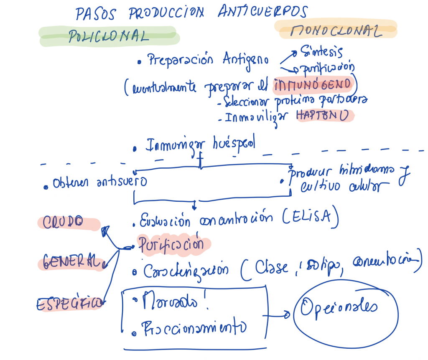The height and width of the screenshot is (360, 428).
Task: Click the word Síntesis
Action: [x=324, y=52]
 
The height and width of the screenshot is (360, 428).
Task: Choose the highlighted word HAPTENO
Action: [x=322, y=116]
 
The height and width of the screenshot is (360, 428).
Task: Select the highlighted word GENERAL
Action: [x=69, y=262]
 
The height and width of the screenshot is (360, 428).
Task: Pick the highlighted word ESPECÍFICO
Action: [x=69, y=304]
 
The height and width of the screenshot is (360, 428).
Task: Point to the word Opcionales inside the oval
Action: [x=339, y=308]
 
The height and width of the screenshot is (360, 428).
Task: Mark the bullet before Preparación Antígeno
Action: [x=139, y=62]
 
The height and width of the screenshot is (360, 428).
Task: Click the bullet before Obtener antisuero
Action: [x=46, y=186]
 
